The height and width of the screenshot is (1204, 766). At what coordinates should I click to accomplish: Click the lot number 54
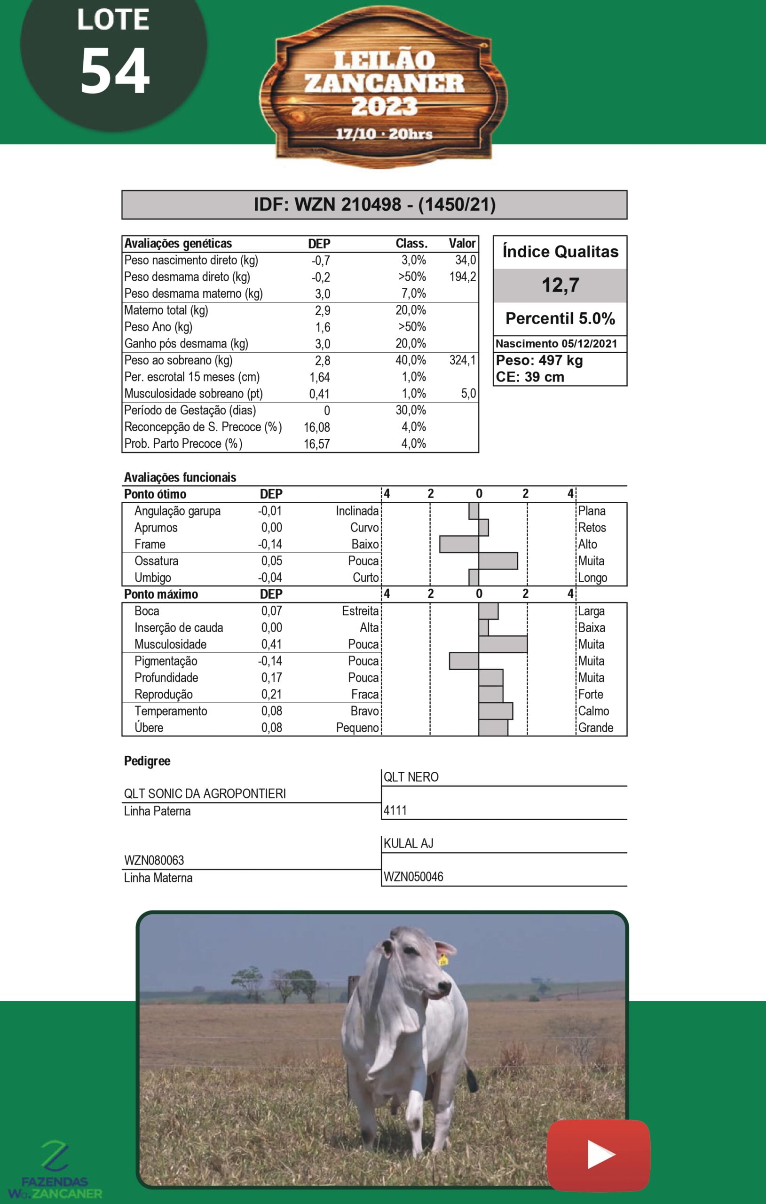[x=115, y=71]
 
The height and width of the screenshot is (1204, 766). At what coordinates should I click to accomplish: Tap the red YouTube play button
[x=599, y=1155]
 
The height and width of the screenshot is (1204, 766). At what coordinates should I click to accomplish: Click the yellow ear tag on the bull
[x=443, y=959]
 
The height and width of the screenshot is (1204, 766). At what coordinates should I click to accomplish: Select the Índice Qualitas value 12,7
[x=560, y=285]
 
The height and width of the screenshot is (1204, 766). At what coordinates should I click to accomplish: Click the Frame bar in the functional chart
[x=459, y=544]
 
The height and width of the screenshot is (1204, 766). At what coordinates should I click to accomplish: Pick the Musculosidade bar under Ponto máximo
[x=503, y=644]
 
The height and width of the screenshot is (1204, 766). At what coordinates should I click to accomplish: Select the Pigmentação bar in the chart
[x=464, y=661]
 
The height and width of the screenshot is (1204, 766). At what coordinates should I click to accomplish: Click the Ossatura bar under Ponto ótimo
[x=498, y=561]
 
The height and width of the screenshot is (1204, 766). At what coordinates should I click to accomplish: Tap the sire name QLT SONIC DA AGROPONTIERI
[x=205, y=793]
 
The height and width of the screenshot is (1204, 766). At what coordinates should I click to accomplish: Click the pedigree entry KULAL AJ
[x=408, y=843]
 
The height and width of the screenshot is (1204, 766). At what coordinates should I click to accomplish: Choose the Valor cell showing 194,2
[x=463, y=277]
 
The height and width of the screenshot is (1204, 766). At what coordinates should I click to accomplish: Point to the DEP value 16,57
[x=316, y=444]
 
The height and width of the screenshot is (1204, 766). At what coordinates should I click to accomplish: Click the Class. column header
[x=411, y=244]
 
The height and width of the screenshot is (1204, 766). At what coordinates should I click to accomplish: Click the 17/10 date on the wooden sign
[x=355, y=134]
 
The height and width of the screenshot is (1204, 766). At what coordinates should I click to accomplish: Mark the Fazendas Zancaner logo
[x=55, y=1170]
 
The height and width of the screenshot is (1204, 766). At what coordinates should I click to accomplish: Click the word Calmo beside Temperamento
[x=593, y=711]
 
